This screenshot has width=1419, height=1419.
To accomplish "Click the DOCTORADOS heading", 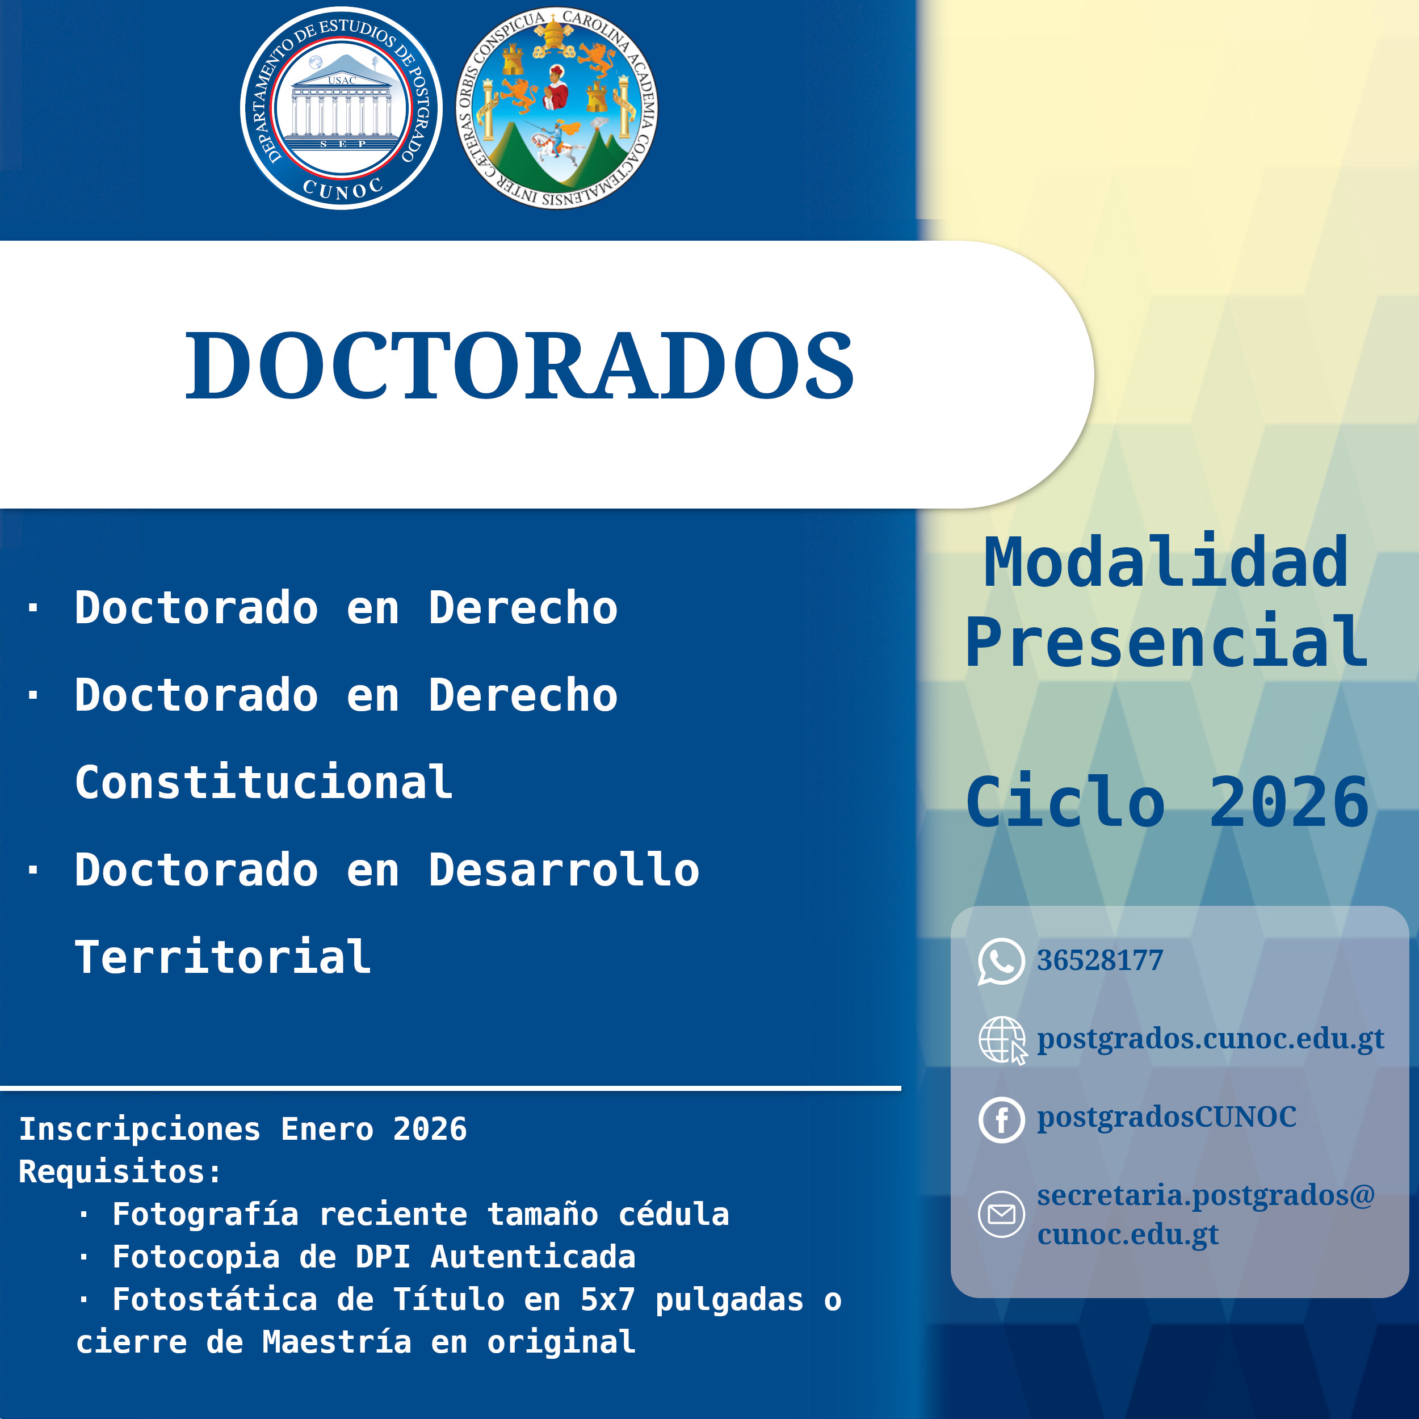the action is click(519, 365).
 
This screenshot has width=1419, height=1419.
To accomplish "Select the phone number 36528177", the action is click(1099, 960).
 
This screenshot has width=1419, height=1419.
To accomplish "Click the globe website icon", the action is click(1002, 1040).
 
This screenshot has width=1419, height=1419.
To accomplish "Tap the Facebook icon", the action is click(1001, 1119).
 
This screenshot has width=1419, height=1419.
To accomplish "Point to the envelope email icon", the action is click(1001, 1214).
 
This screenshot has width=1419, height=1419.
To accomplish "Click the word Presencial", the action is click(1166, 642).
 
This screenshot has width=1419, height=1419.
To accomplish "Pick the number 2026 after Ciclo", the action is click(1289, 801).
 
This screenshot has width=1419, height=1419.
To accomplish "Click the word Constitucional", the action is click(264, 782).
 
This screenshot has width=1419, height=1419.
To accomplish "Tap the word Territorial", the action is click(222, 956).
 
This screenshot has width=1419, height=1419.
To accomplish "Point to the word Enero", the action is click(327, 1129).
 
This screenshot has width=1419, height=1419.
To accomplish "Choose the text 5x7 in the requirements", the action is click(607, 1299).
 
